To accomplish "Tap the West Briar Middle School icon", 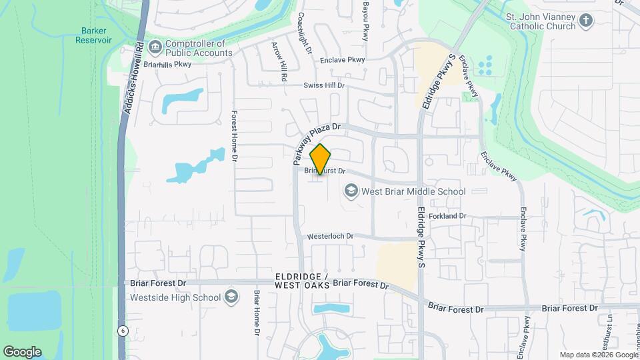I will tap(351, 191).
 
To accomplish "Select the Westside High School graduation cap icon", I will tap(231, 297).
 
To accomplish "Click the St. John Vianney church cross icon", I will tap(586, 21).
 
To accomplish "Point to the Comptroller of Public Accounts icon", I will tap(155, 47).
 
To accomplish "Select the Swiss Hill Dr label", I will tap(324, 85).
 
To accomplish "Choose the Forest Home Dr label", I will tap(235, 136).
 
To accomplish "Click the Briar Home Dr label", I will tap(256, 313).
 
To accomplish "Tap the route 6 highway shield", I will tap(123, 331).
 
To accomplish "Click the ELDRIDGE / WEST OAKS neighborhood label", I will tap(302, 281).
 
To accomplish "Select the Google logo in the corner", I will tap(22, 351).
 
